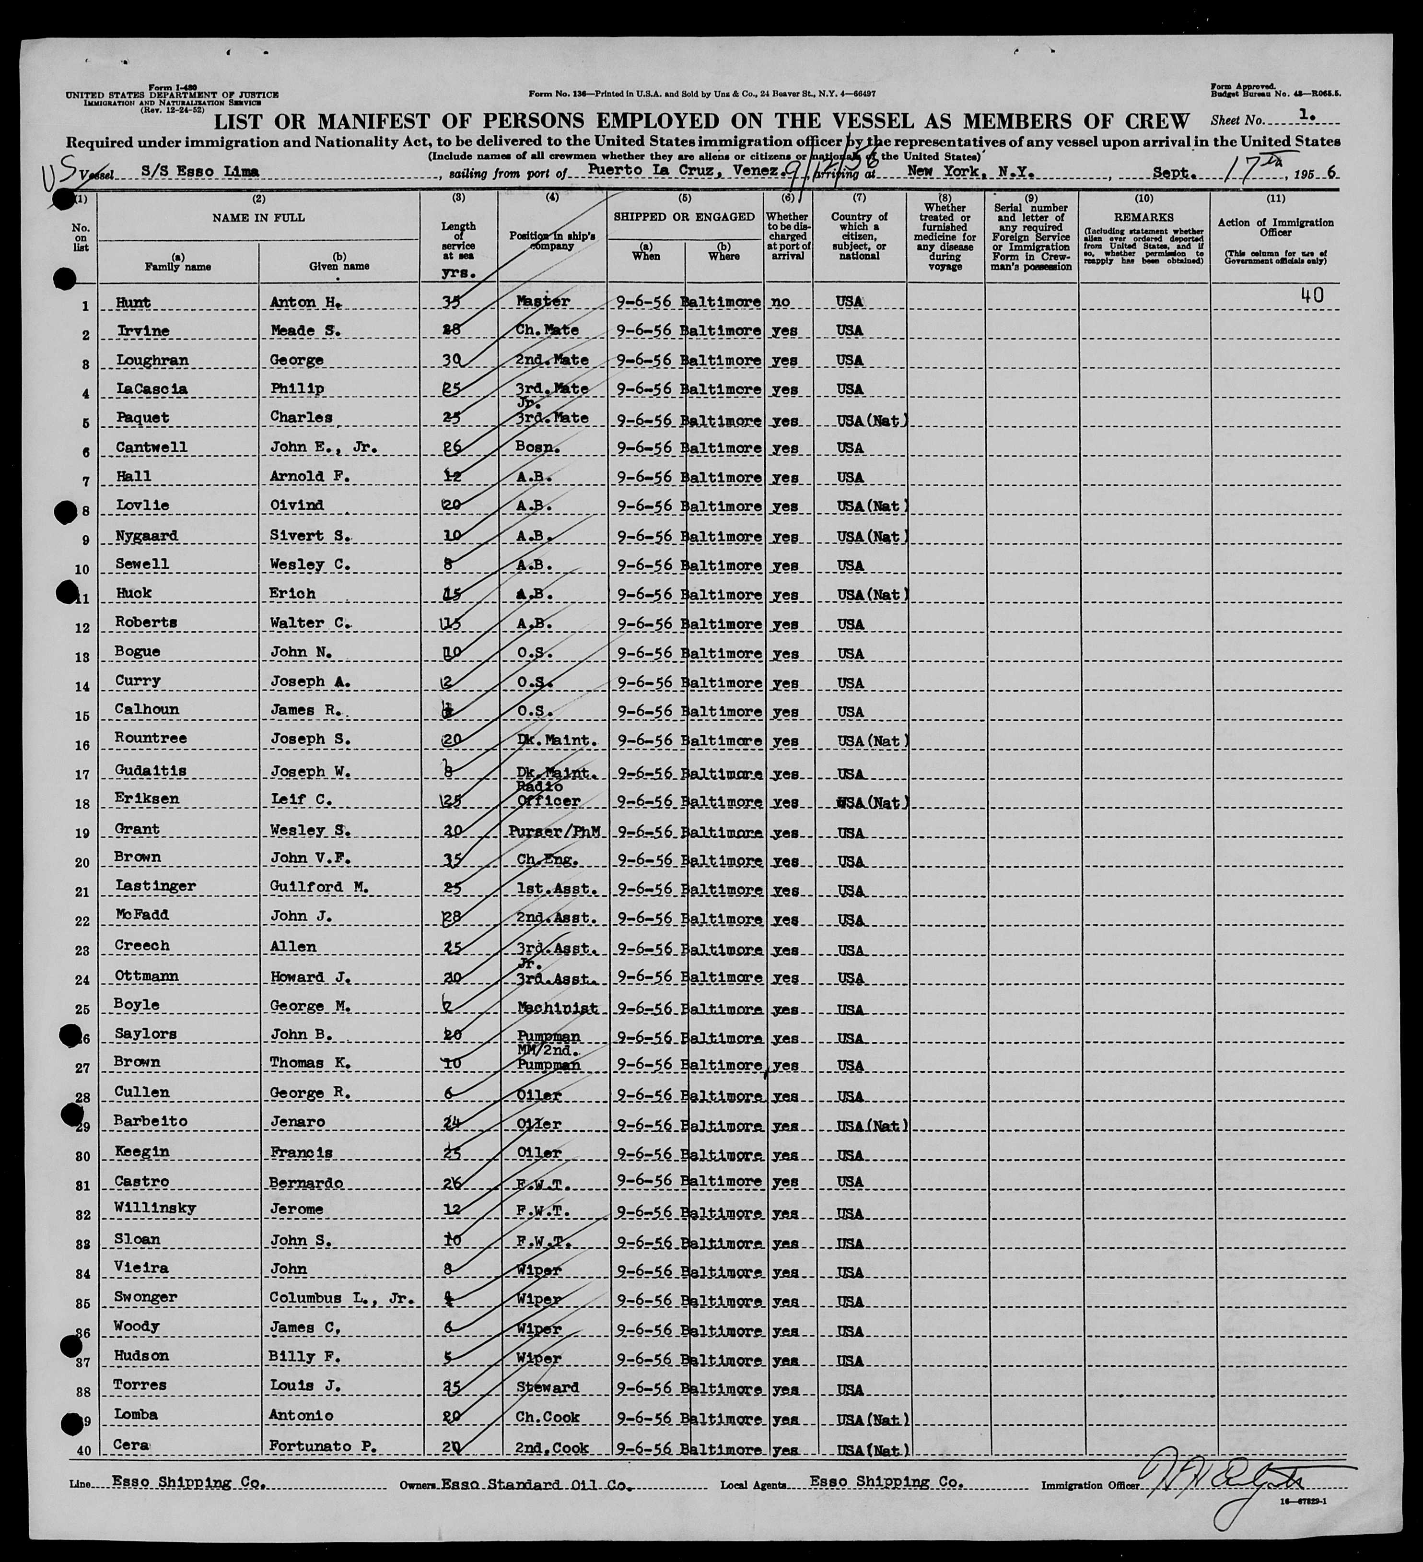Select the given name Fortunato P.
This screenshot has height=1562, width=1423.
[x=322, y=1446]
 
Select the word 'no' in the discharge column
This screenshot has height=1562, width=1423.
[x=781, y=301]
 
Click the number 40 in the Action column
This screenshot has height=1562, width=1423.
[x=1311, y=295]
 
